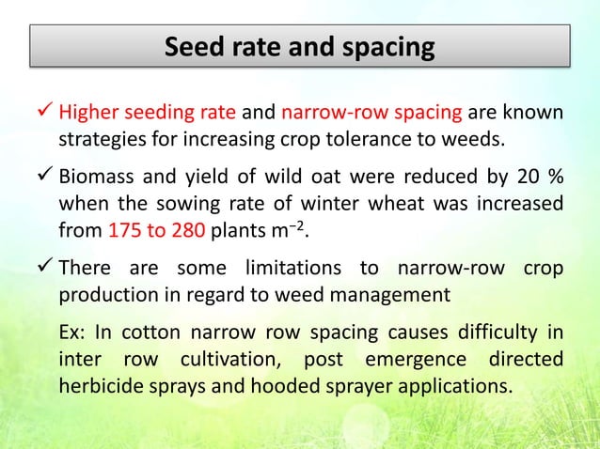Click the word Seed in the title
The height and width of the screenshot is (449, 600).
(192, 46)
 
